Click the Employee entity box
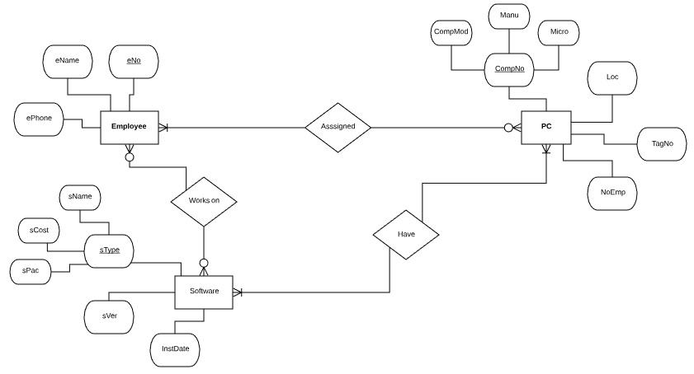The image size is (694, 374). (129, 127)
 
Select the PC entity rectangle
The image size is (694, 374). (545, 127)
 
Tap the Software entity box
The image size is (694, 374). (204, 292)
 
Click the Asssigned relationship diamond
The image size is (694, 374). (338, 127)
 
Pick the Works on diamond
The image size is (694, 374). (204, 200)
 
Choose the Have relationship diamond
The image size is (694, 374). (406, 234)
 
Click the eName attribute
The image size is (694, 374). (67, 61)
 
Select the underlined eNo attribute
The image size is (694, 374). (133, 61)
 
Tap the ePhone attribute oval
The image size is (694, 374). (39, 119)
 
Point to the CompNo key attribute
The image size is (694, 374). (509, 69)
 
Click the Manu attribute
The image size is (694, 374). (509, 16)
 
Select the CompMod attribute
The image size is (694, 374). (451, 32)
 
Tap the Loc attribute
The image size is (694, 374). (611, 77)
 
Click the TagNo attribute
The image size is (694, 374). (662, 143)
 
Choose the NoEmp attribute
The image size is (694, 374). (612, 193)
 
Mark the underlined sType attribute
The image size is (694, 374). (110, 250)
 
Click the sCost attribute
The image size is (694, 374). (39, 231)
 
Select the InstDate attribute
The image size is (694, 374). (175, 349)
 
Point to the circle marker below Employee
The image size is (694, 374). (130, 157)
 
